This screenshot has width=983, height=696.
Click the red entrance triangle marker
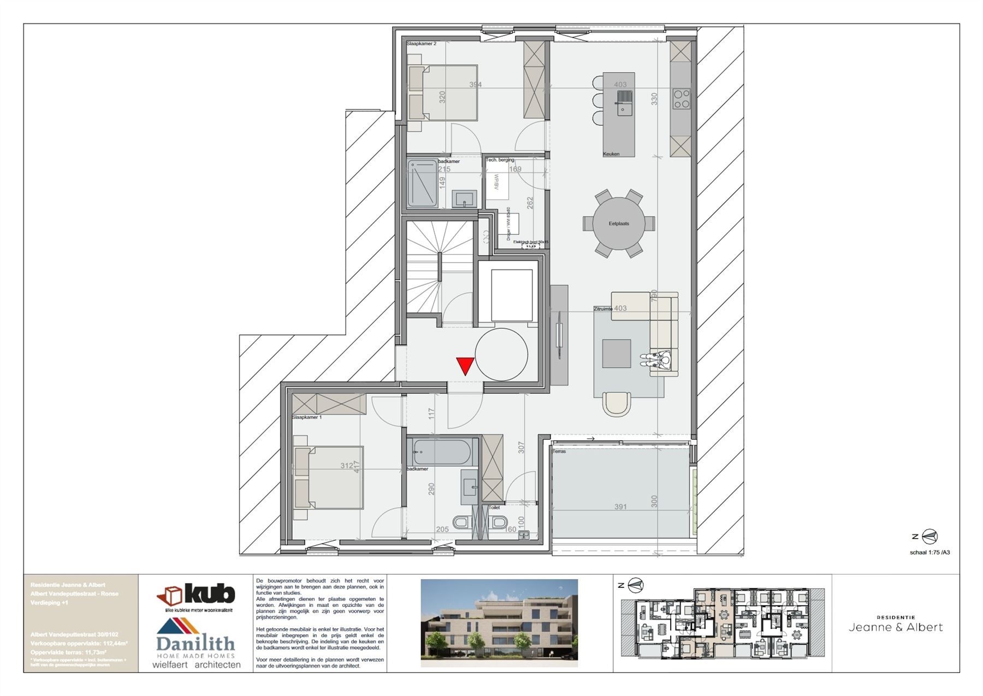465,365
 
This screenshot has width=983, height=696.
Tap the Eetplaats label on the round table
619,223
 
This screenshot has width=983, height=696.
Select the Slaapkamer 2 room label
421,43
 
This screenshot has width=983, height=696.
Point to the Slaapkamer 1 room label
306,417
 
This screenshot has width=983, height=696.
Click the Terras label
559,451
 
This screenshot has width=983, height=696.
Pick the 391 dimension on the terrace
620,507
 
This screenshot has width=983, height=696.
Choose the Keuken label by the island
611,154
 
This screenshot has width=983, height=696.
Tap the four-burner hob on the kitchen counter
681,99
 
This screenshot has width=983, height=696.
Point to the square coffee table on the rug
616,353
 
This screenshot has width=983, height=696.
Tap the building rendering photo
499,623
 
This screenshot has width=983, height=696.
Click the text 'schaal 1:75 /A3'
929,552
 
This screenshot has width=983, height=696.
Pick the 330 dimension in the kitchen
654,99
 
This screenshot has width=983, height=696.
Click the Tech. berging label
500,160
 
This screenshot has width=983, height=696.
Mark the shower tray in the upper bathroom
423,183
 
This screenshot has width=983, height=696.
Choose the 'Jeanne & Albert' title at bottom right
896,627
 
